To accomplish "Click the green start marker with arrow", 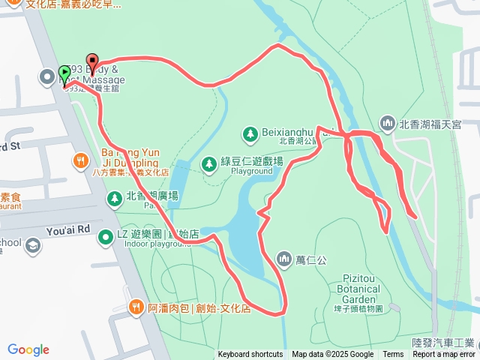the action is [65, 74].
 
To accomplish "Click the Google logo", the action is [28, 349].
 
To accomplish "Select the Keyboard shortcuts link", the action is [250, 355].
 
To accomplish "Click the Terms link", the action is [393, 355].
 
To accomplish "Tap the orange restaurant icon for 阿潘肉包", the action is [136, 306].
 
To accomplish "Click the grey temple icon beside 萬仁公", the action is [284, 259].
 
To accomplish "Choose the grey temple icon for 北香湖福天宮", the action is [387, 122].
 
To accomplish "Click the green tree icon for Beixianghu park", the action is [249, 133].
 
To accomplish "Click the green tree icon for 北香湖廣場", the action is [114, 199].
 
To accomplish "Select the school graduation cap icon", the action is [33, 244].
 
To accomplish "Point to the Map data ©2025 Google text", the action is [332, 355].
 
